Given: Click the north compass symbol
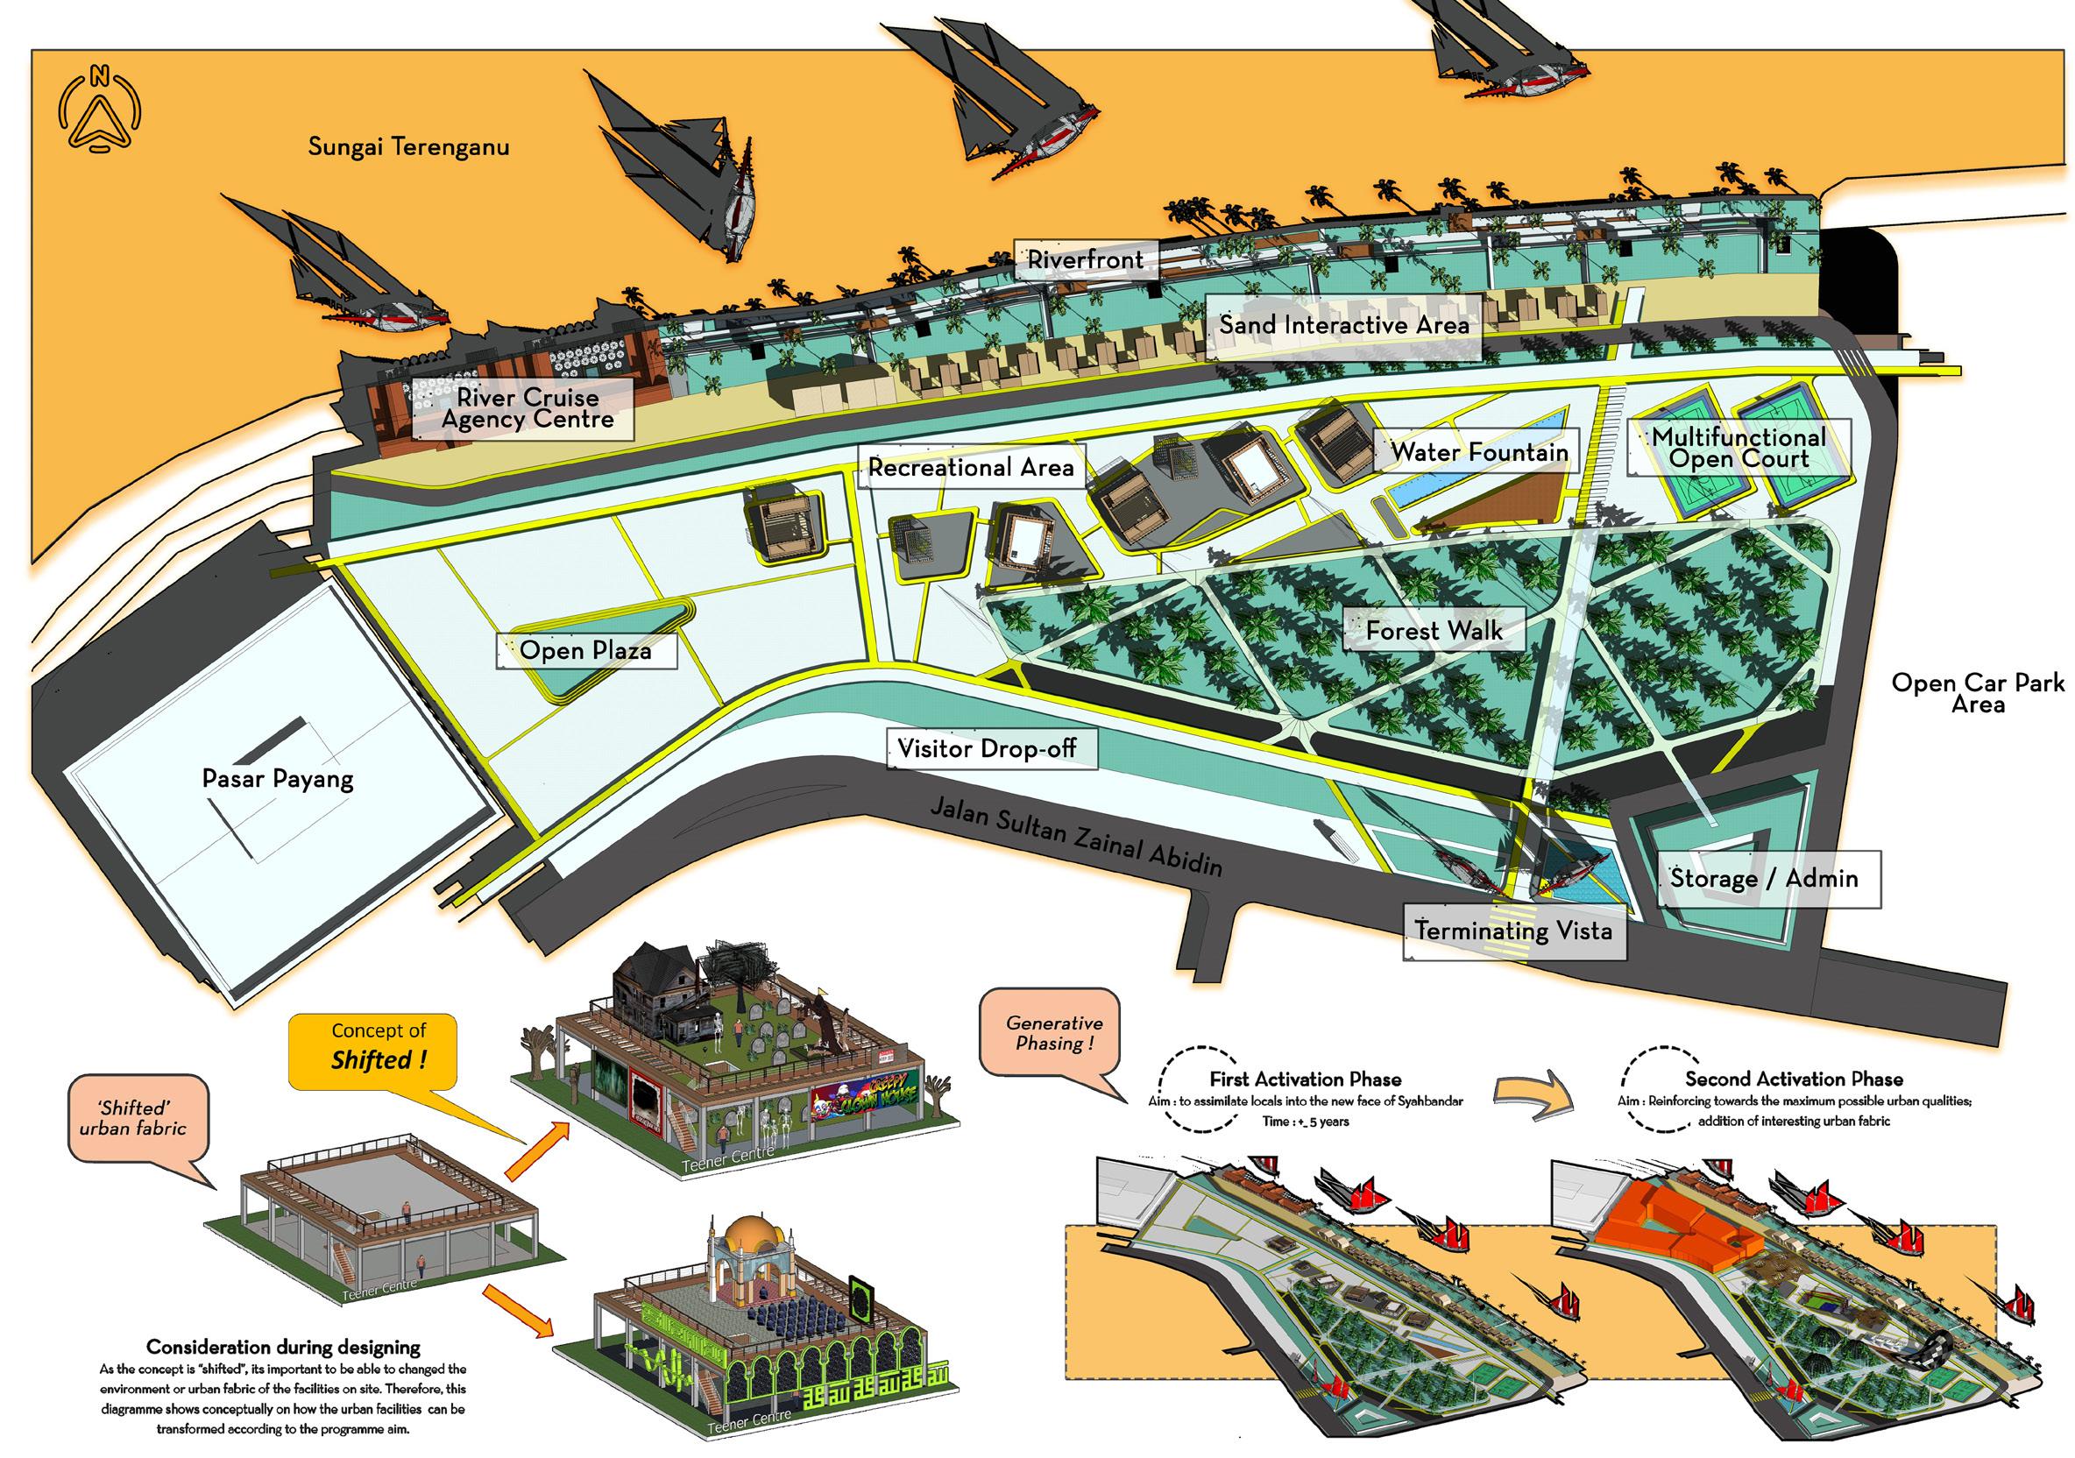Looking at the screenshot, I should click(x=99, y=110).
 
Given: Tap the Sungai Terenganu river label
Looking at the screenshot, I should click(x=408, y=146).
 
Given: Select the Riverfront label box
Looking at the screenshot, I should click(x=1085, y=259).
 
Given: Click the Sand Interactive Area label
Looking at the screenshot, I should click(x=1344, y=325).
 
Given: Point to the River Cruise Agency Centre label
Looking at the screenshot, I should click(x=527, y=408).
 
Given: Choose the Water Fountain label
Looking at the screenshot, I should click(x=1478, y=451).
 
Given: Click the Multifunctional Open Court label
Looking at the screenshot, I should click(x=1738, y=448).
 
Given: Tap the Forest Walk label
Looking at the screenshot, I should click(x=1434, y=630).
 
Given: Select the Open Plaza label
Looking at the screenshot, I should click(x=585, y=650).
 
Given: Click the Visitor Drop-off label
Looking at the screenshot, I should click(x=987, y=748).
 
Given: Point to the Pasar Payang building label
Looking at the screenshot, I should click(x=278, y=778).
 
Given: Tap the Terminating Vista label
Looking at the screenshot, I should click(x=1514, y=931).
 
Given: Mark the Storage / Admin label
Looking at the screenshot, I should click(x=1764, y=878).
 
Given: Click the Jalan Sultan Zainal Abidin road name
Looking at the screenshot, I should click(x=1075, y=837).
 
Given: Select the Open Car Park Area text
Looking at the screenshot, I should click(x=1978, y=693).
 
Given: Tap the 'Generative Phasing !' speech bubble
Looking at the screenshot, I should click(x=1054, y=1033).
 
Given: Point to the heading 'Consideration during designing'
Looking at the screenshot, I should click(x=283, y=1347).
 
